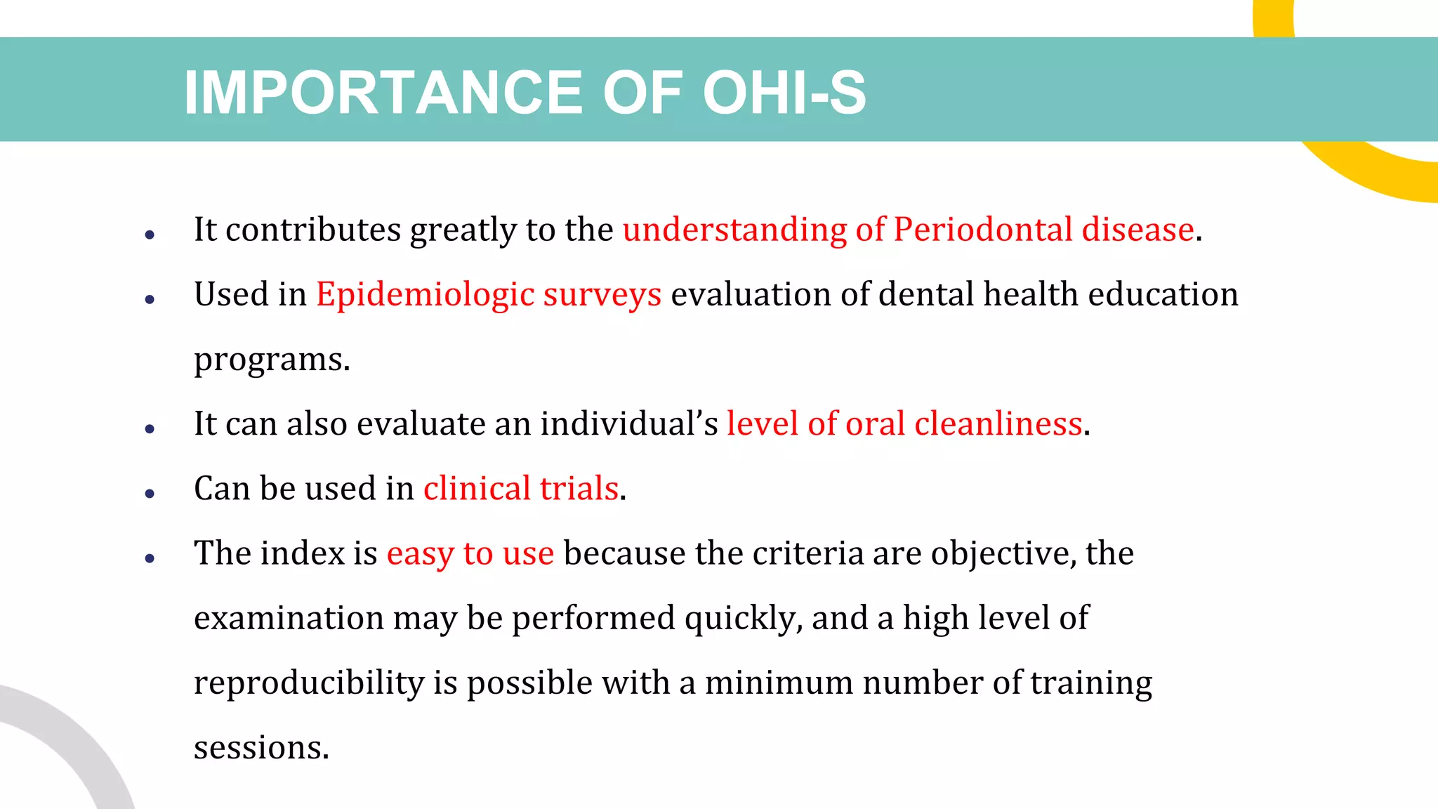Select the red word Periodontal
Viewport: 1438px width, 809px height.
click(983, 230)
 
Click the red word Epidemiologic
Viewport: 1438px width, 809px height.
click(425, 295)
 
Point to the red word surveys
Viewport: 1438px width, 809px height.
click(602, 295)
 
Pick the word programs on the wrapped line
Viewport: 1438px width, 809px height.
click(271, 360)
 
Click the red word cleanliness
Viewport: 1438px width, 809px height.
click(998, 424)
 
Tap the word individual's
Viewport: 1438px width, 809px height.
click(629, 424)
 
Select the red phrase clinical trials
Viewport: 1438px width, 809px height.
click(520, 489)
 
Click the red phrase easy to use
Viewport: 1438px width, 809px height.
click(470, 553)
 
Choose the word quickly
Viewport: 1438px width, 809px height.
click(744, 619)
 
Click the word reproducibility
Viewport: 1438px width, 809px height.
click(308, 683)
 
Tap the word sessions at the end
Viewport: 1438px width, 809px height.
click(260, 748)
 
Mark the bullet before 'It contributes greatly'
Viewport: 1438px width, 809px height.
click(150, 235)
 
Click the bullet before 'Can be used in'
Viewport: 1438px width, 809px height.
click(150, 494)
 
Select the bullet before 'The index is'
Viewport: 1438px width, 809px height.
click(150, 559)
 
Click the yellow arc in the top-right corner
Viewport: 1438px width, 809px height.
click(1376, 176)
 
